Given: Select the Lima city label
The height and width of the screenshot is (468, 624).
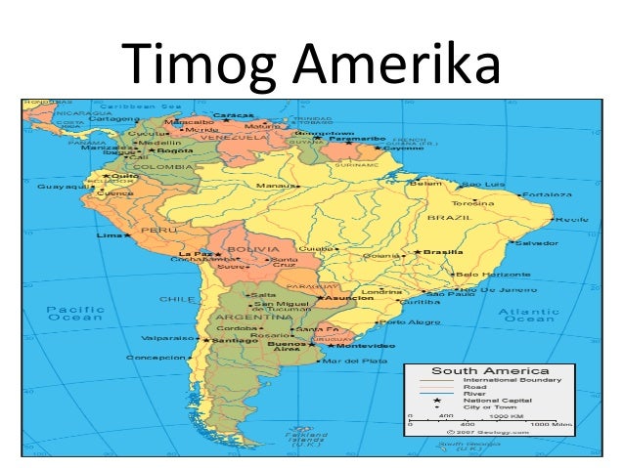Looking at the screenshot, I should click(x=110, y=235).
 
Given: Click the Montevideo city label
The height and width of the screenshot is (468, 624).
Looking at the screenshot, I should click(x=368, y=346).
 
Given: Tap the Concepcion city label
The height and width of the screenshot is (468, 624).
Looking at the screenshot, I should click(x=157, y=358).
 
